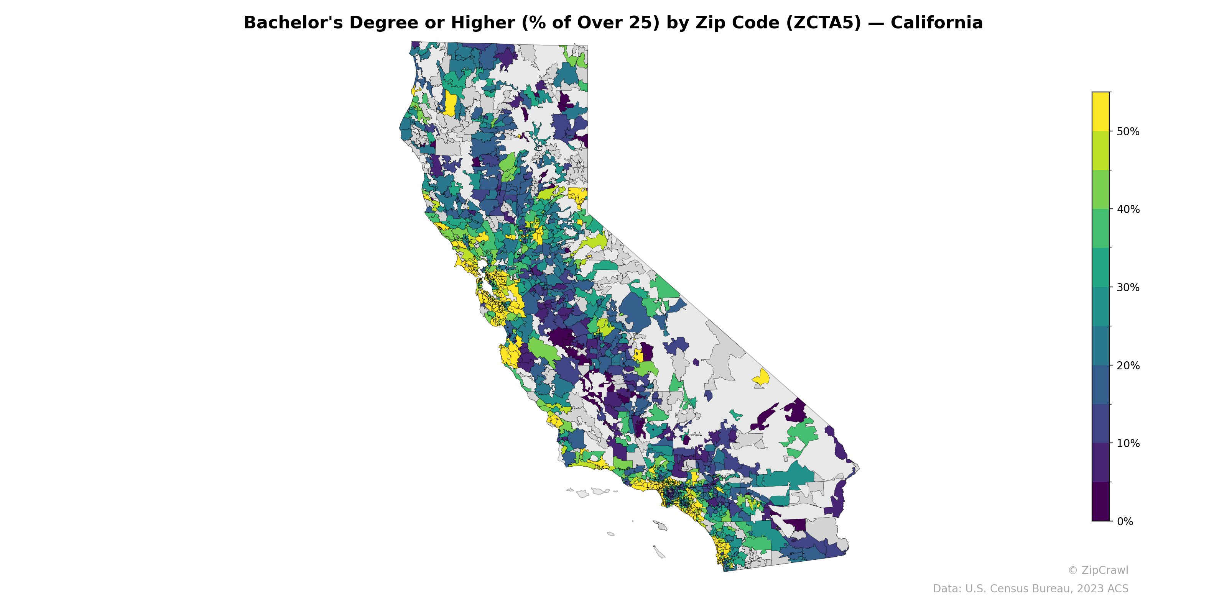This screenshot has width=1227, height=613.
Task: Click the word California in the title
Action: (x=936, y=23)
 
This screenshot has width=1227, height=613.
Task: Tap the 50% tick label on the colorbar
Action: (x=1128, y=132)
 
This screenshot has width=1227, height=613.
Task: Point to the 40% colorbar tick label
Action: (x=1128, y=210)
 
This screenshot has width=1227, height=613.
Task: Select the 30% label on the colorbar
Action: (x=1128, y=287)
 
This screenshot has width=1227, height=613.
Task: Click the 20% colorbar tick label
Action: (x=1128, y=366)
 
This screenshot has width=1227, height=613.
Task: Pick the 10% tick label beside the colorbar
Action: (x=1128, y=444)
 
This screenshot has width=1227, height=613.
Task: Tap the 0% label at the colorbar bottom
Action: (x=1125, y=521)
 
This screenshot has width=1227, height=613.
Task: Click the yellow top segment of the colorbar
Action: (x=1100, y=111)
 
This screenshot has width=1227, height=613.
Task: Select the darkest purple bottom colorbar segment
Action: (x=1100, y=502)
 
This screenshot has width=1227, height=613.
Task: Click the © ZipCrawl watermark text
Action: (x=1098, y=570)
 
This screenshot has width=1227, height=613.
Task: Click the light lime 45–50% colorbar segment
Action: (x=1100, y=151)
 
